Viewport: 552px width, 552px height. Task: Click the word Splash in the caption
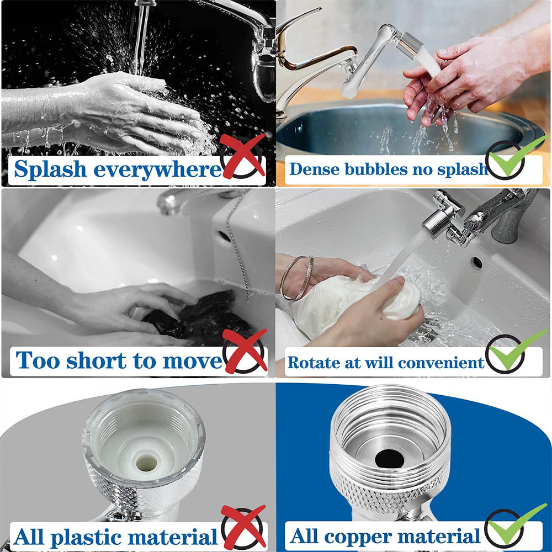click(50, 169)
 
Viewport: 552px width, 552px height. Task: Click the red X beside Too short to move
click(245, 351)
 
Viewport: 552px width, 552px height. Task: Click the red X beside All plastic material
click(243, 527)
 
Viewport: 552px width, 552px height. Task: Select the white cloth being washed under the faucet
click(353, 301)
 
